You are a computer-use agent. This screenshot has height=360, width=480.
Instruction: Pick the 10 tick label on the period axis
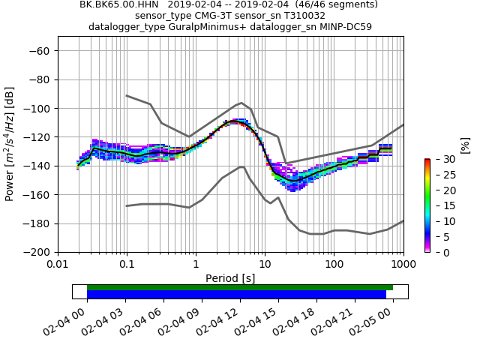265,264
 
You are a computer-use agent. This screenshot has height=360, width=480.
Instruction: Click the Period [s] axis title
230,278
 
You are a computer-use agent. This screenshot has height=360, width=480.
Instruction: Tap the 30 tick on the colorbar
437,159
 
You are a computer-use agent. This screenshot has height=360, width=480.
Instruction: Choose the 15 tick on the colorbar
437,205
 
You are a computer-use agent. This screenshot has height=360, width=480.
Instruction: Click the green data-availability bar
240,287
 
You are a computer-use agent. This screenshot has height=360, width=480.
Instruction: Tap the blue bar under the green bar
236,295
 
